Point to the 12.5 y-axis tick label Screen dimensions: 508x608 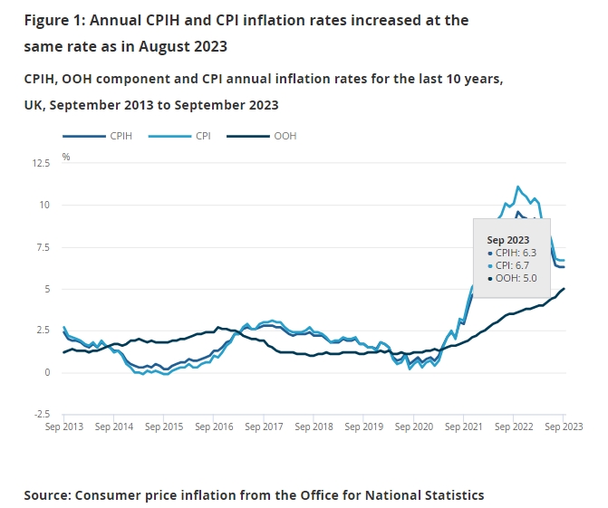41,164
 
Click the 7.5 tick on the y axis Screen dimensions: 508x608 43,247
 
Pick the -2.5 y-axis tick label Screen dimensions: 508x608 42,414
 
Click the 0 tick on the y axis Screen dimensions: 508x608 47,372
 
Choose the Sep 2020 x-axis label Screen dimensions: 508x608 414,424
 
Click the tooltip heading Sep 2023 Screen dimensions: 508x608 508,238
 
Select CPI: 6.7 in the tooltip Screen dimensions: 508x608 511,265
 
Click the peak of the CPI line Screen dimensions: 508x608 517,187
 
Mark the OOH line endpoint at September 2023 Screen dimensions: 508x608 565,289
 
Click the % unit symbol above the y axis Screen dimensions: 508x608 66,157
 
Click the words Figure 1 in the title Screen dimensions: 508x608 53,19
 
